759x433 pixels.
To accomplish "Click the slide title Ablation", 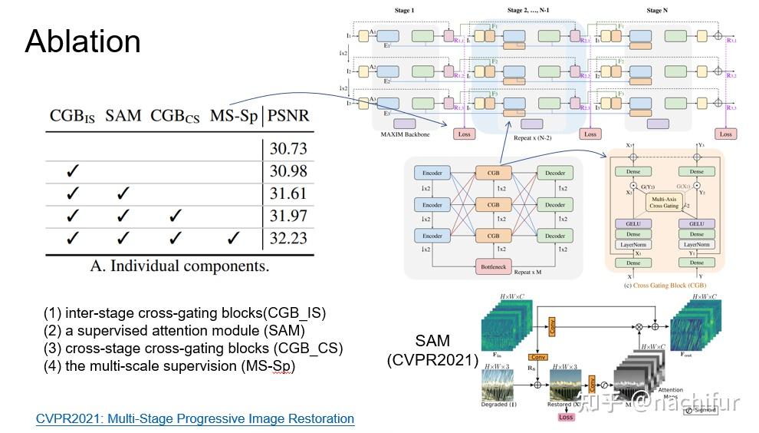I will coord(83,41).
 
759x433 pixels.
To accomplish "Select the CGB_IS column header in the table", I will coord(72,116).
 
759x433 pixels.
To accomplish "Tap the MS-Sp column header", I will coord(234,116).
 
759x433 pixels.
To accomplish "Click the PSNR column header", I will coord(288,116).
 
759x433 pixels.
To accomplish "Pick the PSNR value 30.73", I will coord(288,148).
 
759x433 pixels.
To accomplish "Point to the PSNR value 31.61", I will coord(288,193).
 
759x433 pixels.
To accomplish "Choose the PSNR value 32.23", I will coord(288,238).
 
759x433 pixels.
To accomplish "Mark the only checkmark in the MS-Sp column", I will coord(233,238).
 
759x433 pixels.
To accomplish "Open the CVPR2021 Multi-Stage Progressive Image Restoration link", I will coord(195,418).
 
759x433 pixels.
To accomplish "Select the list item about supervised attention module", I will coord(174,330).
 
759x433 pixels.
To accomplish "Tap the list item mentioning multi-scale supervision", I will coord(169,365).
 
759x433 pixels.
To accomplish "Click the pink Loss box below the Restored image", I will coord(566,417).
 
